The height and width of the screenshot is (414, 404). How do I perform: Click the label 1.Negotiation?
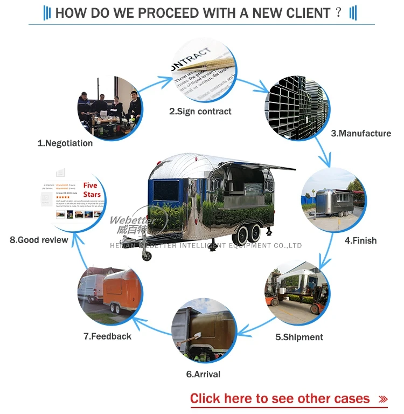point(65,143)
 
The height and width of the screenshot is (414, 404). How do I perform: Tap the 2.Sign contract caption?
point(200,112)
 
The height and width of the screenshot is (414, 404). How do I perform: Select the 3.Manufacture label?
point(361,133)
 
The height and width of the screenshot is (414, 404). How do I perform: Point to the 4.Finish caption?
point(360,240)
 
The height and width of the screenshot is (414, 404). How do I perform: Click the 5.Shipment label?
point(299,337)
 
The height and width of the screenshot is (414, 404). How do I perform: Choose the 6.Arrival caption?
point(203,374)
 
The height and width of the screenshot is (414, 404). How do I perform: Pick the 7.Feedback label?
point(107,336)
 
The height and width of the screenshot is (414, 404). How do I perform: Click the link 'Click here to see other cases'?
point(280,399)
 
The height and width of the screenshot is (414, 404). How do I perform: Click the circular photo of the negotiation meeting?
point(110,107)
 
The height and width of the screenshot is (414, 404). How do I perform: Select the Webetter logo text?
point(133,220)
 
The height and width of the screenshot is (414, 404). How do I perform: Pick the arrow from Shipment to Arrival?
point(258,326)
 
